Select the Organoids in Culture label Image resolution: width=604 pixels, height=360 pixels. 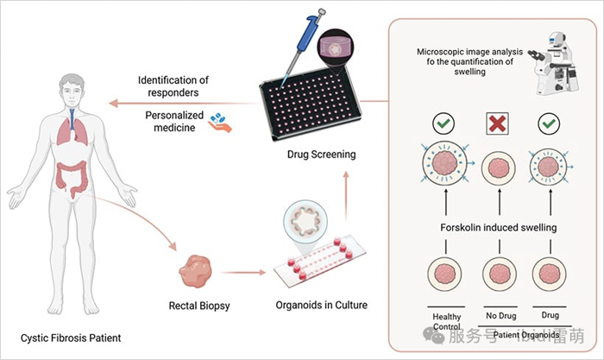[318, 305]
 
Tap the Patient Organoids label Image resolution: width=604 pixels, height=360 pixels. [520, 335]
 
